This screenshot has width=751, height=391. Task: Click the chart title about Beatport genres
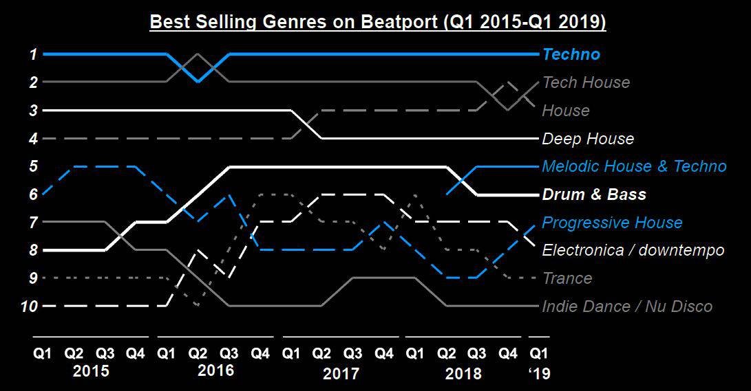377,23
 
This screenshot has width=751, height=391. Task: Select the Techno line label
571,54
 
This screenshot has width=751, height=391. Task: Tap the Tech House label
586,82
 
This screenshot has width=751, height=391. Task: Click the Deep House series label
588,139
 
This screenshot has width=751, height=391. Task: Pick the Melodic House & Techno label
634,166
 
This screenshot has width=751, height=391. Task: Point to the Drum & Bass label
594,194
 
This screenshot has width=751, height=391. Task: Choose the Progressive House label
612,223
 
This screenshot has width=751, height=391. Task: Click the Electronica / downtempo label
633,250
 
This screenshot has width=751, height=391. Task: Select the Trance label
567,278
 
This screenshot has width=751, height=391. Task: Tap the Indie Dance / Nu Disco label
627,306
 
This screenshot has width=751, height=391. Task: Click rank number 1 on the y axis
32,54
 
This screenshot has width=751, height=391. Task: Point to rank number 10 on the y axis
29,306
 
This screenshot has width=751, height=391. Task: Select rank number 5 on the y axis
32,166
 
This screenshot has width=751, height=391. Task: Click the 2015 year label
91,372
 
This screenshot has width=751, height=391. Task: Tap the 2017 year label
341,374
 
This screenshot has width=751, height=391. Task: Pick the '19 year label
539,374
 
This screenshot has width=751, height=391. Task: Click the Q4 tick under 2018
508,354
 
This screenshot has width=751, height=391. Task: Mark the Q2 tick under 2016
198,354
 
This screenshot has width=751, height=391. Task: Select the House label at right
566,111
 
